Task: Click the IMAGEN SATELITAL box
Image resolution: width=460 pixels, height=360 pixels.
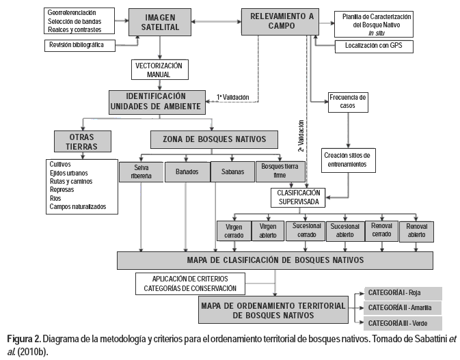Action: tap(159, 23)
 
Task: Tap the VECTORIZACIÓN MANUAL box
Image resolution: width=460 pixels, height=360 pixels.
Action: tap(159, 70)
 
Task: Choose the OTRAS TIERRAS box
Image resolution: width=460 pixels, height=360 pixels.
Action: tap(77, 141)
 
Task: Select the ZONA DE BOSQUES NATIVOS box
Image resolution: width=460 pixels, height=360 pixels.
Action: tap(214, 139)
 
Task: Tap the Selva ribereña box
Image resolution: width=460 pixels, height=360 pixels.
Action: tap(139, 171)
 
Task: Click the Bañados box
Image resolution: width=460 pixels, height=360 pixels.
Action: tap(185, 171)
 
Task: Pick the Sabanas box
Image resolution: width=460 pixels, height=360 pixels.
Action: tap(230, 171)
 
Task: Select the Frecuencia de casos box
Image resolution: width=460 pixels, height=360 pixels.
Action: tap(347, 101)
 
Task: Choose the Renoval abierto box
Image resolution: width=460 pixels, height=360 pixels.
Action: tap(416, 231)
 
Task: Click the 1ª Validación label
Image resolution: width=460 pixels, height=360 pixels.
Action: tap(233, 96)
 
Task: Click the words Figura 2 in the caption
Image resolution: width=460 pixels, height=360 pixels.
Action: tap(23, 339)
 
